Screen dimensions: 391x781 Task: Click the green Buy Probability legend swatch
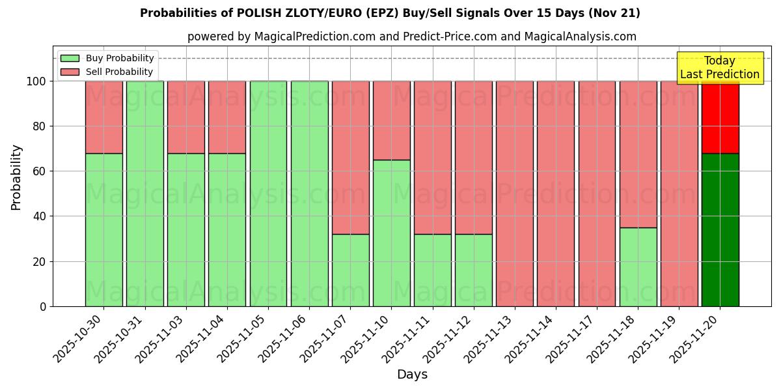tap(70, 59)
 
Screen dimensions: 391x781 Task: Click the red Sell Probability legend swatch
tap(70, 72)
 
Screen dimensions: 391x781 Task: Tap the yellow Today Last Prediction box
tap(719, 68)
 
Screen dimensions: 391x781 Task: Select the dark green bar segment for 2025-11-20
tap(720, 229)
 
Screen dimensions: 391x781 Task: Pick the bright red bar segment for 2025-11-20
tap(720, 117)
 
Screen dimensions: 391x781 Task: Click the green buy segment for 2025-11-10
tap(391, 233)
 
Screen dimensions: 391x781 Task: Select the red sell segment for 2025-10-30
tap(103, 117)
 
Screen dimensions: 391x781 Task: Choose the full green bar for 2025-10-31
tap(144, 194)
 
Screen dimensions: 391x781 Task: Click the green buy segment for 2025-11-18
tap(638, 267)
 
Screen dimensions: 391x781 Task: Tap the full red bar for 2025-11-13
tap(514, 194)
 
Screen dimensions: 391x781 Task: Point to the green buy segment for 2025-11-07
tap(350, 270)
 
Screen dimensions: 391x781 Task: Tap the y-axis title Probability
tap(16, 177)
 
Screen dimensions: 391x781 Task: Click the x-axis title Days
tap(412, 375)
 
